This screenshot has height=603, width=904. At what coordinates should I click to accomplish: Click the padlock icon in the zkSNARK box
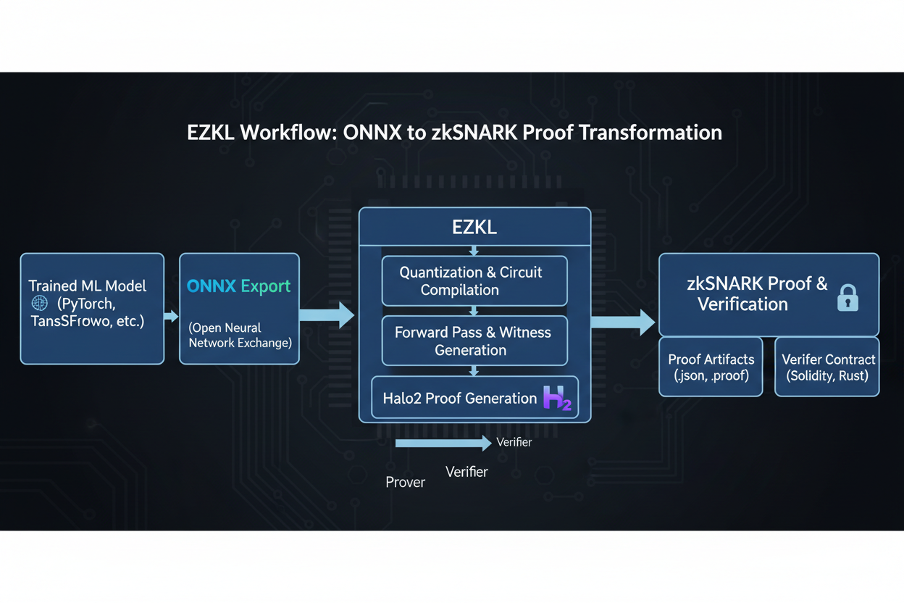point(847,297)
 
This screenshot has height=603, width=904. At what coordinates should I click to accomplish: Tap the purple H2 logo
point(557,399)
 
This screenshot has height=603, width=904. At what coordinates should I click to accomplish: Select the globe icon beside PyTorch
point(39,303)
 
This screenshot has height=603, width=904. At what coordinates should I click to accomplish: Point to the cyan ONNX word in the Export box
point(212,286)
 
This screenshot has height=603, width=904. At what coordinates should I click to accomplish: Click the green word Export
point(266,286)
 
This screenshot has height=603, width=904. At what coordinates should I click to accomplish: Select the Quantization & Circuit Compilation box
point(474,281)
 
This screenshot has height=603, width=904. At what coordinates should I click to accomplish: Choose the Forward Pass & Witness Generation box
point(474,341)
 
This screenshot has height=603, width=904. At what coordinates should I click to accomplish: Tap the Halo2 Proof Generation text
point(459,399)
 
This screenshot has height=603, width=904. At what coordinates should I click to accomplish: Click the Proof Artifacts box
point(711,367)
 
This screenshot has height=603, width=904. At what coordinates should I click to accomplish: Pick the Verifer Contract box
point(827,367)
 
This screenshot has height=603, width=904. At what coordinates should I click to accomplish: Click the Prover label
point(405,483)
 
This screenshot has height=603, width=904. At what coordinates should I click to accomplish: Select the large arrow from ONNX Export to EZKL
point(327,315)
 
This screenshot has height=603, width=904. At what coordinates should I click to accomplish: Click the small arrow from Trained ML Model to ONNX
point(171,316)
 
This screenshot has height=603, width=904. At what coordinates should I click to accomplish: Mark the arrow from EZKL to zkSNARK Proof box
point(623,322)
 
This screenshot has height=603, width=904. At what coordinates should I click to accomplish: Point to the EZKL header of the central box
point(474,227)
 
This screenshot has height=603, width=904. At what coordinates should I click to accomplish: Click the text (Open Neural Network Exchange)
point(240,336)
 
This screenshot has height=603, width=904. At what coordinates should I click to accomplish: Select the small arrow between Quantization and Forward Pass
point(474,311)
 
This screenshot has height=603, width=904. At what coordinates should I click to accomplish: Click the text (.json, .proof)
point(711,375)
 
